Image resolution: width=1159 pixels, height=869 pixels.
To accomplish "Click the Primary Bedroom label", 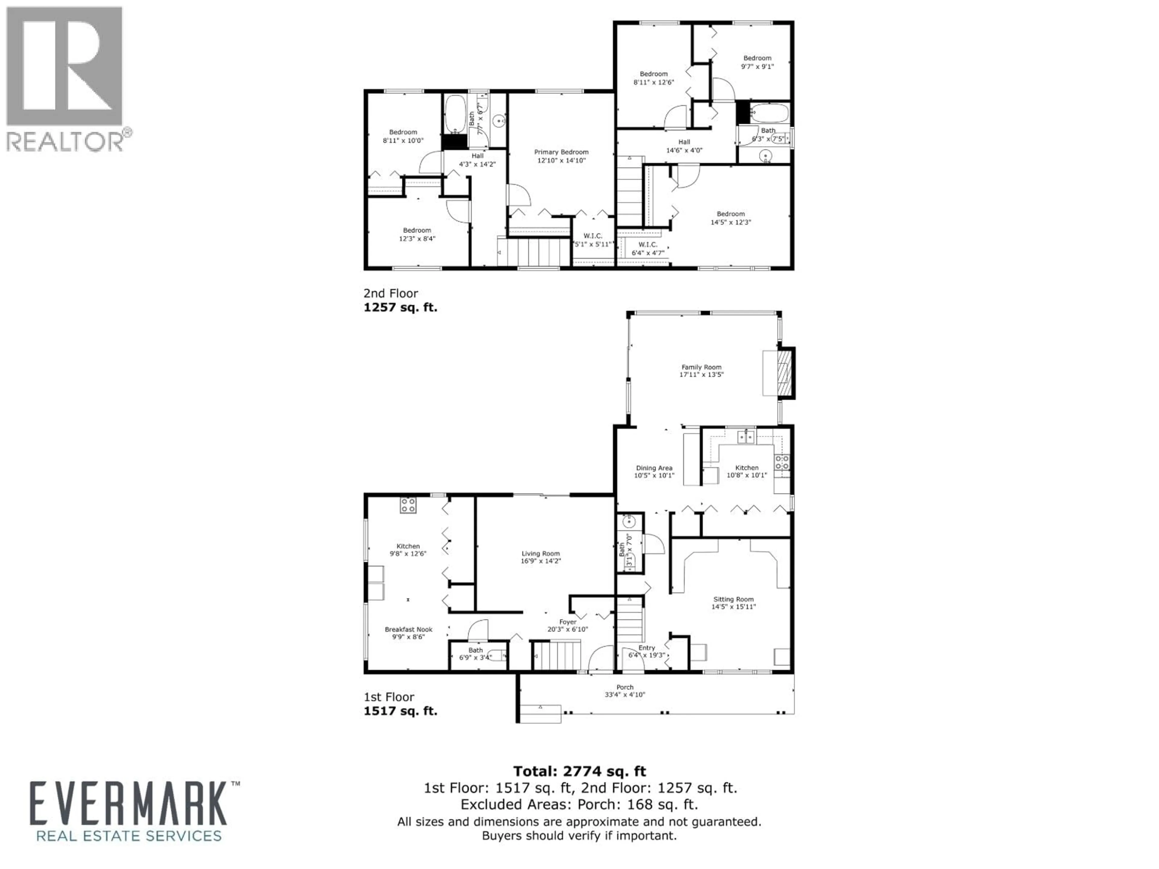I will pos(561,152).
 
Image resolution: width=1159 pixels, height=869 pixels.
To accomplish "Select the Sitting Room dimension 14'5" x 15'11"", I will pos(733,607).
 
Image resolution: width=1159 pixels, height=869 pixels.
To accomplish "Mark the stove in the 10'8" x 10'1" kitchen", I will pos(782,462).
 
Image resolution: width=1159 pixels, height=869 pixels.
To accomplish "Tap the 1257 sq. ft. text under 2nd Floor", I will pos(400,307).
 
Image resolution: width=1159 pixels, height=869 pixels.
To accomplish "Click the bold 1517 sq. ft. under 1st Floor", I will pos(400,711).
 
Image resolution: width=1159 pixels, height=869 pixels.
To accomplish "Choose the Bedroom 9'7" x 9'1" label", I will pos(757,58).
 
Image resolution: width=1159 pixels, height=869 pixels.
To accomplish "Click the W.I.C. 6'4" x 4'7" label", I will pos(648,245).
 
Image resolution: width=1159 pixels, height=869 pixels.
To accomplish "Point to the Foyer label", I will pos(567,622).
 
